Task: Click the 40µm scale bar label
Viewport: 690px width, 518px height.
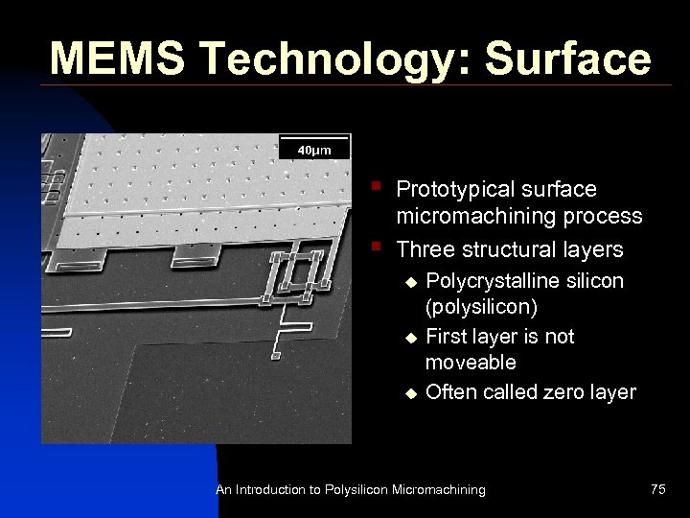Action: pos(313,151)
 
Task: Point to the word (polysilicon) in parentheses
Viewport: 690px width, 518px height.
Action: pos(483,308)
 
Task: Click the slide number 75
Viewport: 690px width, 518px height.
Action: pos(657,489)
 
